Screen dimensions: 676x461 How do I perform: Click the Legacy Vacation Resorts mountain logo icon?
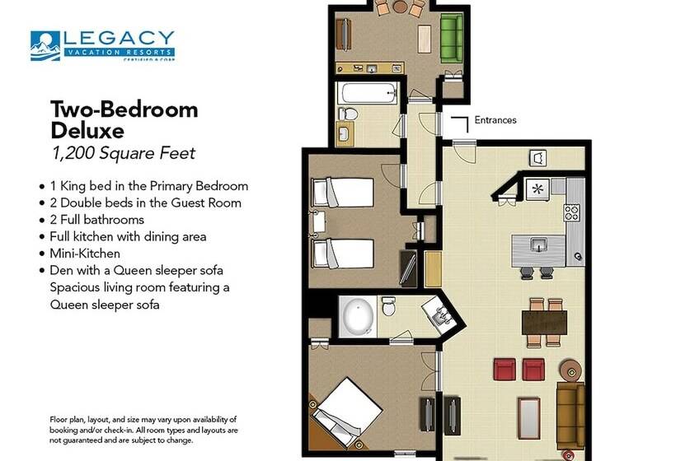click(x=45, y=45)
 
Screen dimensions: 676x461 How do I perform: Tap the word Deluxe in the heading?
click(x=87, y=130)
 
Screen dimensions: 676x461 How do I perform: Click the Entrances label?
click(x=495, y=120)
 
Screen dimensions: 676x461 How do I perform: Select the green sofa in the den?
click(x=452, y=39)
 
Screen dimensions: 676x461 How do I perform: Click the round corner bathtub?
click(x=357, y=316)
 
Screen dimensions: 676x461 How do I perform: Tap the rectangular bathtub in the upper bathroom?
click(x=368, y=92)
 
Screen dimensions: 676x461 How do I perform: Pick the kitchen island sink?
click(x=538, y=244)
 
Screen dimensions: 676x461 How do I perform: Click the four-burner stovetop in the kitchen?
click(x=572, y=212)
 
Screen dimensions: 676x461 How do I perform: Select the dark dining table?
click(x=544, y=323)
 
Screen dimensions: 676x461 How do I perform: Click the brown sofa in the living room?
click(x=570, y=414)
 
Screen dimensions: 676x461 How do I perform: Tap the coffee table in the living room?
click(x=529, y=419)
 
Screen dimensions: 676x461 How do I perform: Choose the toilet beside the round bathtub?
click(x=388, y=306)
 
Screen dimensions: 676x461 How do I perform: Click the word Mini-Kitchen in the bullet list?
click(x=85, y=254)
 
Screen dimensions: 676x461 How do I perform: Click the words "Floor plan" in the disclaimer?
click(x=67, y=420)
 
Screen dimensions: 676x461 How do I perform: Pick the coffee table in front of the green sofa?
click(x=425, y=40)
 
